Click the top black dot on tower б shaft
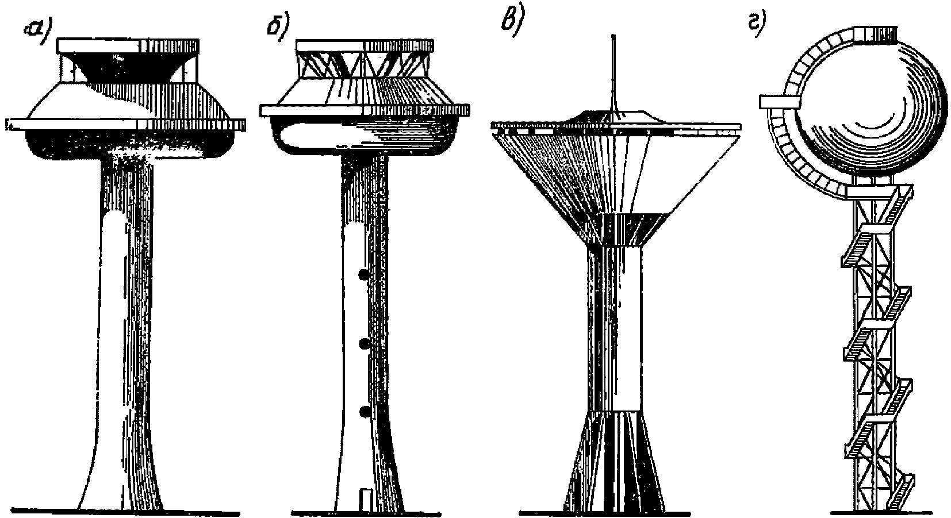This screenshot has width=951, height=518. tap(363, 275)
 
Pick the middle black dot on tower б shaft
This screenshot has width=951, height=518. tap(363, 344)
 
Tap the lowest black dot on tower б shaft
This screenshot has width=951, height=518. tap(363, 412)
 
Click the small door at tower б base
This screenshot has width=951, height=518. tap(364, 499)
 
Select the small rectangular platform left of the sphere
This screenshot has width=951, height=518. tap(779, 102)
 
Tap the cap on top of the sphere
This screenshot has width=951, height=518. tap(875, 33)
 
